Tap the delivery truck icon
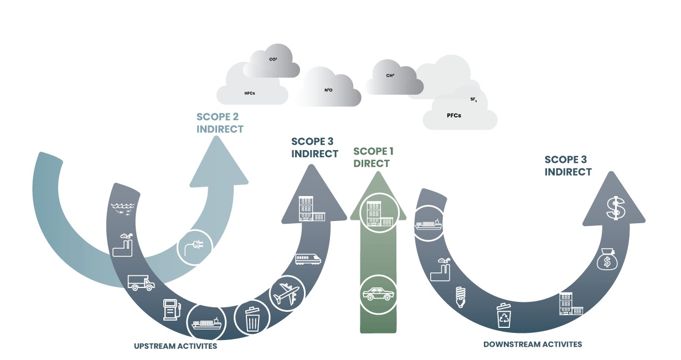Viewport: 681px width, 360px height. click(141, 282)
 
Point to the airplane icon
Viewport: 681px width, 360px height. click(286, 292)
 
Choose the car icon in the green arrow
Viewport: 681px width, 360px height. click(378, 294)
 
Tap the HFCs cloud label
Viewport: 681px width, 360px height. click(250, 94)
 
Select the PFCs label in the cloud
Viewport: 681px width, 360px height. click(453, 116)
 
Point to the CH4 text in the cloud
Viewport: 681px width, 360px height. click(390, 75)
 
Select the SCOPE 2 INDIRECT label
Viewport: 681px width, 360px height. click(220, 123)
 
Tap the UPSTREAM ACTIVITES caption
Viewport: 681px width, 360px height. click(176, 346)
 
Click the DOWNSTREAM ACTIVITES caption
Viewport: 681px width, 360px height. click(533, 344)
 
